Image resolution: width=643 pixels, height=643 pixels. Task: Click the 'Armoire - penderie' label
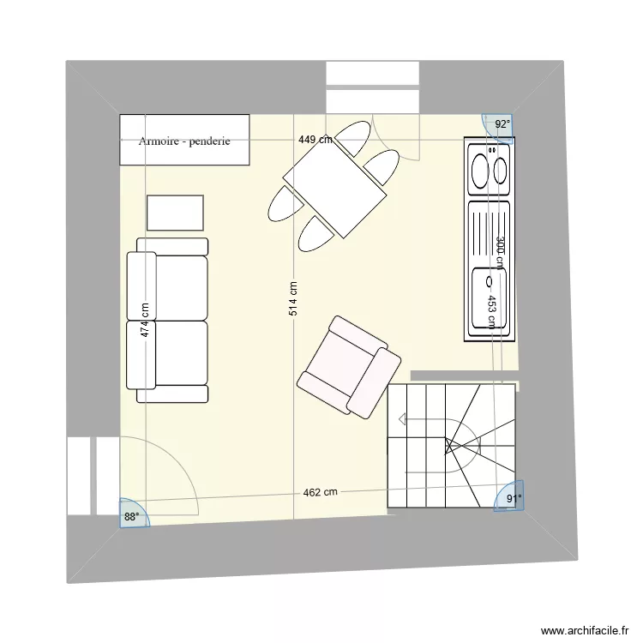(x=183, y=141)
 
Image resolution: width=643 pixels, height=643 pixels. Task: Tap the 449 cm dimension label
(x=315, y=140)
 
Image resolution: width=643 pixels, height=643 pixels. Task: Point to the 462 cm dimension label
(x=320, y=492)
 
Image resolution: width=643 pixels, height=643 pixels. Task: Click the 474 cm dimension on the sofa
(x=146, y=320)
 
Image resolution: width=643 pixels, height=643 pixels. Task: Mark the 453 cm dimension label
(x=491, y=312)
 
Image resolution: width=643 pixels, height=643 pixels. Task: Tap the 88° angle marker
(x=131, y=516)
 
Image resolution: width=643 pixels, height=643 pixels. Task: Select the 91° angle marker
(x=512, y=499)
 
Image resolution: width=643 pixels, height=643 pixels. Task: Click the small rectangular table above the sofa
(x=175, y=213)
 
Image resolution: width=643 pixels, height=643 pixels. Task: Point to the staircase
(x=451, y=446)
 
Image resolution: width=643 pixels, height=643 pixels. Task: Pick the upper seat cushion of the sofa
(x=180, y=286)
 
